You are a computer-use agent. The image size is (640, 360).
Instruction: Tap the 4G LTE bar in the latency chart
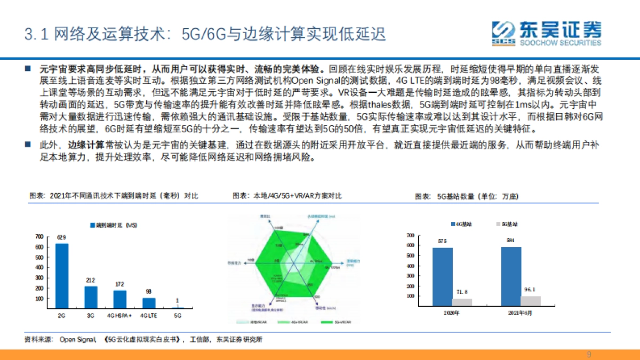pos(148,303)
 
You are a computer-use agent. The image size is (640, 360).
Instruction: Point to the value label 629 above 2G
pos(62,237)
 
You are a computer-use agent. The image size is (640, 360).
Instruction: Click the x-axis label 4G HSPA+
pos(119,316)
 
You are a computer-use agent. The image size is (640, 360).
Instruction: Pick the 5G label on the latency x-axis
pos(177,316)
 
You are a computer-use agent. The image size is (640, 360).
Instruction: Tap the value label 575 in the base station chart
pos(442,241)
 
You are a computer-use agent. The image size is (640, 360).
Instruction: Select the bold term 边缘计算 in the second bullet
pos(80,145)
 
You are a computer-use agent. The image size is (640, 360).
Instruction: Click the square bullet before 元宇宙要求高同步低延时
pos(28,69)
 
